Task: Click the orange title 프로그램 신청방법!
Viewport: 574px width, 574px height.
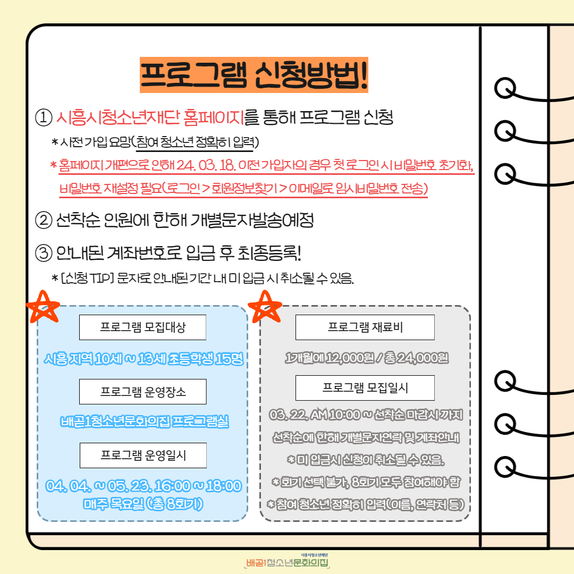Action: coord(254,75)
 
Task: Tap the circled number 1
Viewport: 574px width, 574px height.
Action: coord(44,117)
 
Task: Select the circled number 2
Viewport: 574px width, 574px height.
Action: coord(44,221)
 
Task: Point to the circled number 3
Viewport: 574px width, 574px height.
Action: coord(44,253)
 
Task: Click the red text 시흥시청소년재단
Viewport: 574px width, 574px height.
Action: coord(117,117)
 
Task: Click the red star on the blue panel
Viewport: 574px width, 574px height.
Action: coord(43,307)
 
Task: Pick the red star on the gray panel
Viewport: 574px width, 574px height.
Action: coord(265,307)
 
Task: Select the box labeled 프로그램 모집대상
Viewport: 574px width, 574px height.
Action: coord(143,327)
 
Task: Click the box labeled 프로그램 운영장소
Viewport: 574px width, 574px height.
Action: coord(143,392)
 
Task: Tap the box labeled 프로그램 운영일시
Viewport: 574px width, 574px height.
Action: coord(143,455)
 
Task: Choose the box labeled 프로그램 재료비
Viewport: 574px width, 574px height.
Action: coord(365,327)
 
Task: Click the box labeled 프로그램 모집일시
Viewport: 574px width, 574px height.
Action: coord(365,387)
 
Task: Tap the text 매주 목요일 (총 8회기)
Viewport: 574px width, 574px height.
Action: coord(143,504)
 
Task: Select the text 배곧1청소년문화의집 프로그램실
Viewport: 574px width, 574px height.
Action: coord(144,421)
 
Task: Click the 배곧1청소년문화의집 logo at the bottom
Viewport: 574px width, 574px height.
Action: coord(287,561)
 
